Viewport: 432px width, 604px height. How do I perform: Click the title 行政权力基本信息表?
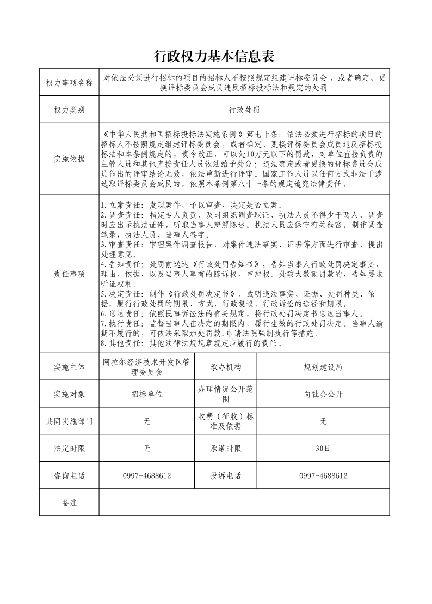click(215, 56)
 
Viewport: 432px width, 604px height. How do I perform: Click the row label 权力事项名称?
click(69, 83)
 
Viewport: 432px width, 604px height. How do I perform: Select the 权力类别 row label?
click(69, 110)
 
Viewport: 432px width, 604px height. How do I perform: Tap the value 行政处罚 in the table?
click(244, 110)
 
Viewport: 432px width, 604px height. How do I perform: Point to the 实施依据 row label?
click(69, 159)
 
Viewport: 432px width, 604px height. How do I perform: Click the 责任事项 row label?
click(69, 274)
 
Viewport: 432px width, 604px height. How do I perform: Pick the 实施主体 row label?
click(69, 367)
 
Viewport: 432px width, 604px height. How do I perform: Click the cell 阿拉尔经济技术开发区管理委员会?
click(147, 367)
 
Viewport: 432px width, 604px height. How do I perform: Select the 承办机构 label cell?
click(225, 367)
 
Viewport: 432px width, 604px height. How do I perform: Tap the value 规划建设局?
click(323, 367)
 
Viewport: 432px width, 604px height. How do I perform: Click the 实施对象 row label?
click(69, 394)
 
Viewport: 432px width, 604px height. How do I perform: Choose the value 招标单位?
click(147, 394)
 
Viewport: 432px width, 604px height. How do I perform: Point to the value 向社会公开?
click(323, 394)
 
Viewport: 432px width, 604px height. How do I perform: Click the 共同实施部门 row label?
click(69, 421)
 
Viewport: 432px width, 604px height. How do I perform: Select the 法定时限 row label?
click(69, 449)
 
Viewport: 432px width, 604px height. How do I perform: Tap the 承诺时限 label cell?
click(225, 449)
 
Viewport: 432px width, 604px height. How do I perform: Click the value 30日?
click(323, 449)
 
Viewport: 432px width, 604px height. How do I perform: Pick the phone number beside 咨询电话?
click(147, 476)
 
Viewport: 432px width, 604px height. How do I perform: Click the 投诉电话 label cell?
click(225, 476)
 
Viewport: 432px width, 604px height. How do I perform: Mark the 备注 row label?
click(69, 503)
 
